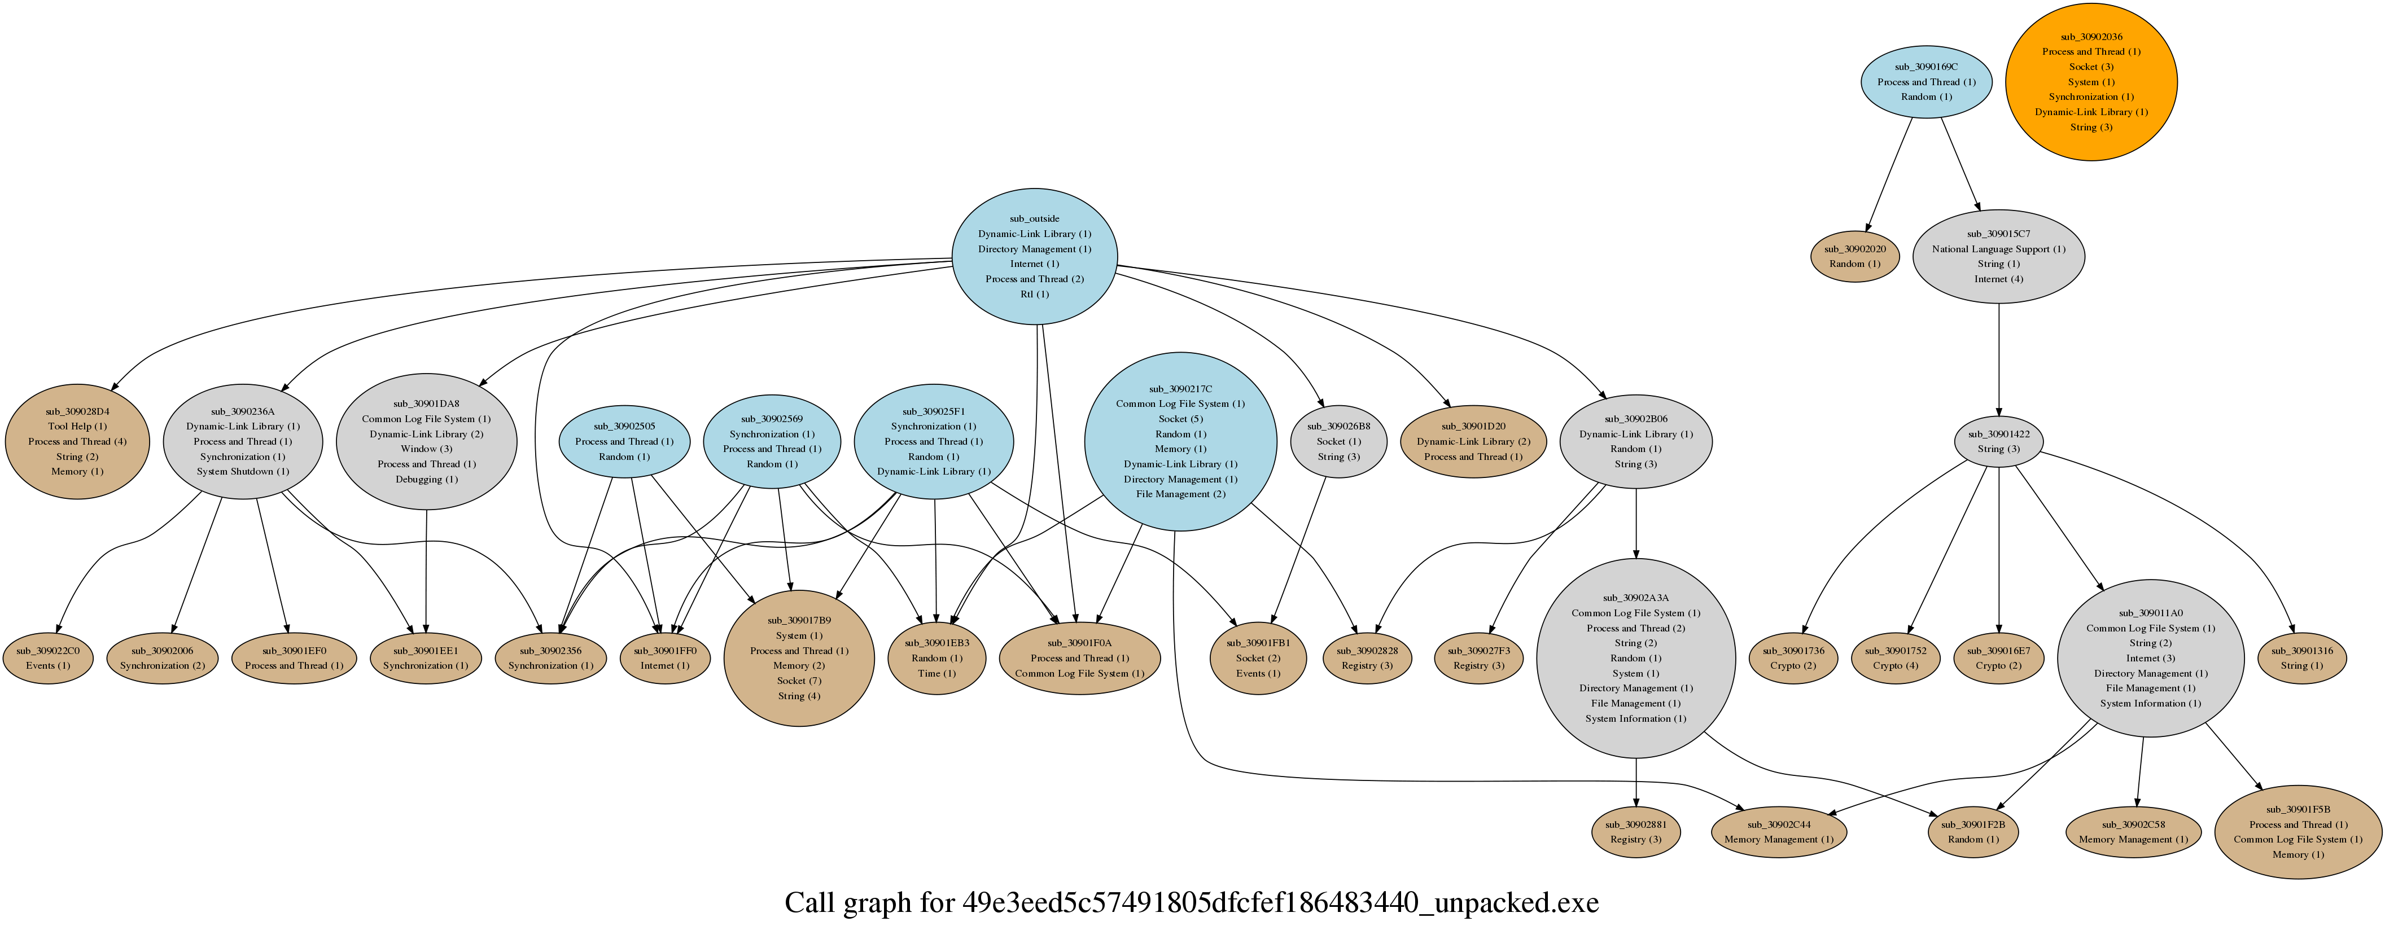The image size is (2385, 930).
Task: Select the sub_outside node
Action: point(1034,256)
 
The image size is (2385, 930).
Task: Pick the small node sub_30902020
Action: point(1854,256)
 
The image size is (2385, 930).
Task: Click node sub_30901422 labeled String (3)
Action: point(1998,441)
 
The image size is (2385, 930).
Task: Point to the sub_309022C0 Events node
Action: point(47,658)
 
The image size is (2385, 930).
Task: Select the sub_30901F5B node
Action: point(2297,832)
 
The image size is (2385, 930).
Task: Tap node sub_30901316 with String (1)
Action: point(2301,658)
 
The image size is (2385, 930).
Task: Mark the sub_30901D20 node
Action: point(1473,441)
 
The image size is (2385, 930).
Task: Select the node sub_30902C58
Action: point(2132,832)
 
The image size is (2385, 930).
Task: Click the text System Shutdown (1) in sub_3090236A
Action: point(243,471)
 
